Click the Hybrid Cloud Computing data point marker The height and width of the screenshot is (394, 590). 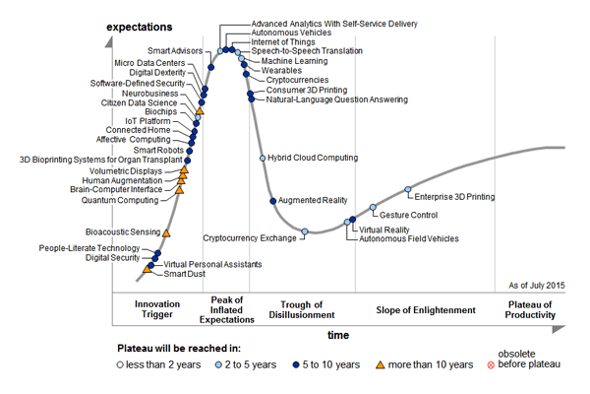(x=262, y=158)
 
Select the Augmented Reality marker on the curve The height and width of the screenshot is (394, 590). (x=272, y=200)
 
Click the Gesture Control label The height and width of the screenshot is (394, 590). (x=408, y=215)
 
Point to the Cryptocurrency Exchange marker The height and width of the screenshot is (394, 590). (x=305, y=232)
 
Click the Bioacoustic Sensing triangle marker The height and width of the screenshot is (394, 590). (x=166, y=233)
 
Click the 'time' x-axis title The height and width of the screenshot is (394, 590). (x=338, y=336)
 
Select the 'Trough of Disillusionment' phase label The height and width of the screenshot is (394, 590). (x=303, y=310)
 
